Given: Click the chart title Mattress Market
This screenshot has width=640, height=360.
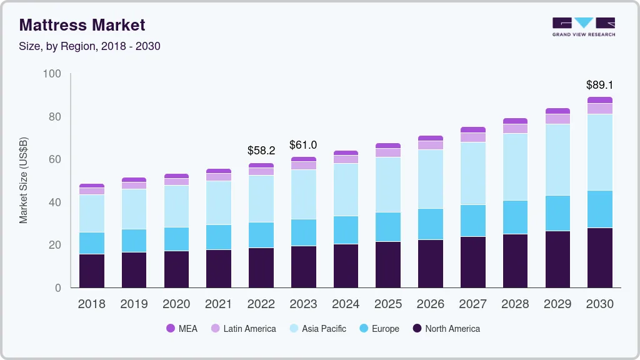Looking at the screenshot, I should point(82,25).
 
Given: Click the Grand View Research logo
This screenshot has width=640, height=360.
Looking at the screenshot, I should point(583,26).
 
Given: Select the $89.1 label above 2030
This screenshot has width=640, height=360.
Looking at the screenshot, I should point(599,84).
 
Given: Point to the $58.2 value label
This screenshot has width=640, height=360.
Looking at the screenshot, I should point(261,151).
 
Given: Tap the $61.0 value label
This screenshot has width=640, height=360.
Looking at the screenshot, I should point(303,145).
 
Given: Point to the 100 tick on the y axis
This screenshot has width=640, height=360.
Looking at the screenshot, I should point(52,74).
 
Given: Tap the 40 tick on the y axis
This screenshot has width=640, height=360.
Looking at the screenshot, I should point(55,202).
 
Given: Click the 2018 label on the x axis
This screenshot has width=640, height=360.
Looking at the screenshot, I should point(91,304).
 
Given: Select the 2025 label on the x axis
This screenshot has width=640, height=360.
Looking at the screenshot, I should point(388,304).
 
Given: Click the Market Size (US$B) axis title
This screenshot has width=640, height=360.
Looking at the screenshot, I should point(23,180).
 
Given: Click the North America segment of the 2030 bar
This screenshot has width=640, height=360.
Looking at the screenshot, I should point(600,257).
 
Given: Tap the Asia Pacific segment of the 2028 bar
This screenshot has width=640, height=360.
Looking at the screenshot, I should point(515,167).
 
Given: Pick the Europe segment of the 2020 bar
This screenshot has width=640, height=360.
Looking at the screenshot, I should point(176,239).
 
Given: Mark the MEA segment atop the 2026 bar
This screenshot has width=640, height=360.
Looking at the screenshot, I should point(431,138).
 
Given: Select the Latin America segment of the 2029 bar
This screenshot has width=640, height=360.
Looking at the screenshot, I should point(557,119).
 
